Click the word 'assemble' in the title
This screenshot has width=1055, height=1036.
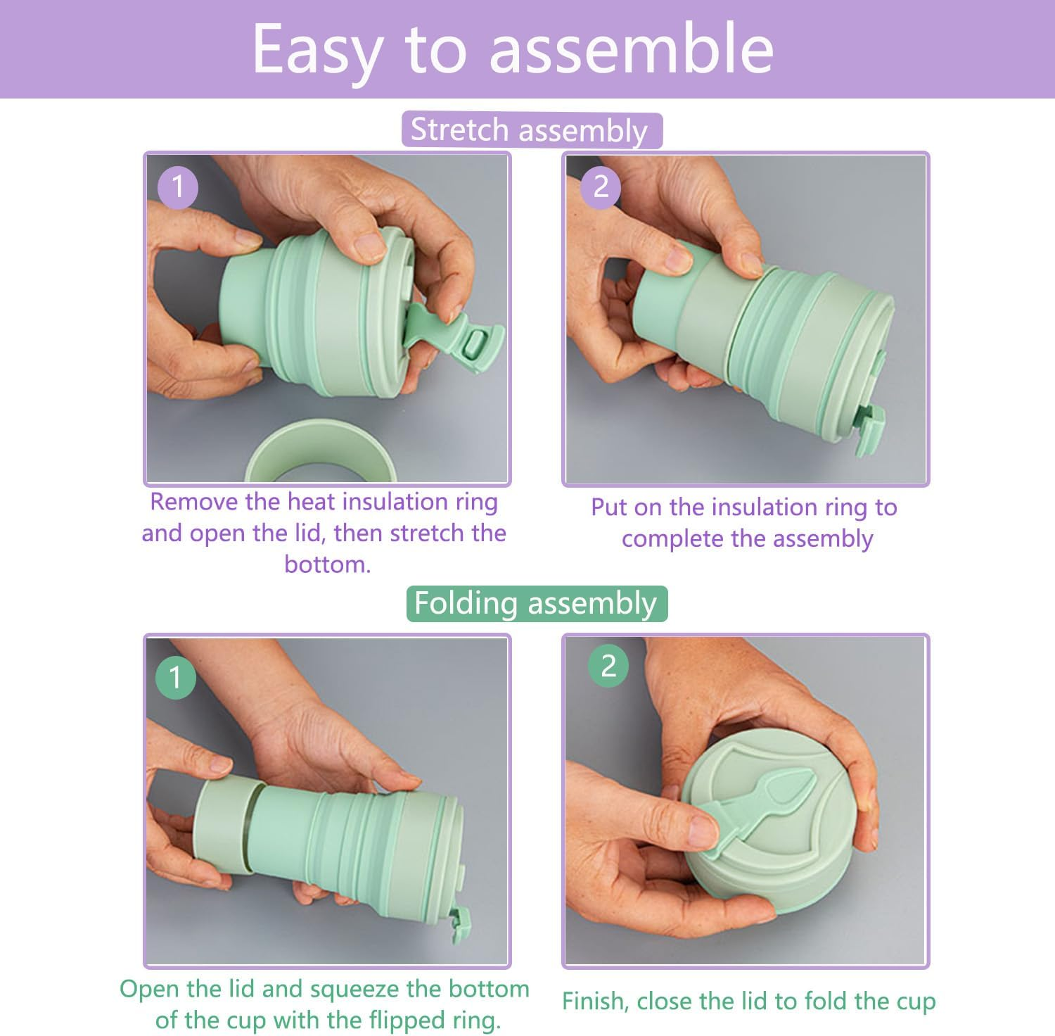(631, 49)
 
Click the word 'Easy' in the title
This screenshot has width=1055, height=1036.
(316, 49)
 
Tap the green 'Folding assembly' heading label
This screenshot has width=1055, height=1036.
(536, 604)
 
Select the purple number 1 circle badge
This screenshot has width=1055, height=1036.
(177, 187)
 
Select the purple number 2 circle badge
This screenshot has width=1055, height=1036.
(601, 187)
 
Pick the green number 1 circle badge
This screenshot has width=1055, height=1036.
(175, 677)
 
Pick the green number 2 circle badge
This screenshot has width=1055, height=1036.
(608, 666)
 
